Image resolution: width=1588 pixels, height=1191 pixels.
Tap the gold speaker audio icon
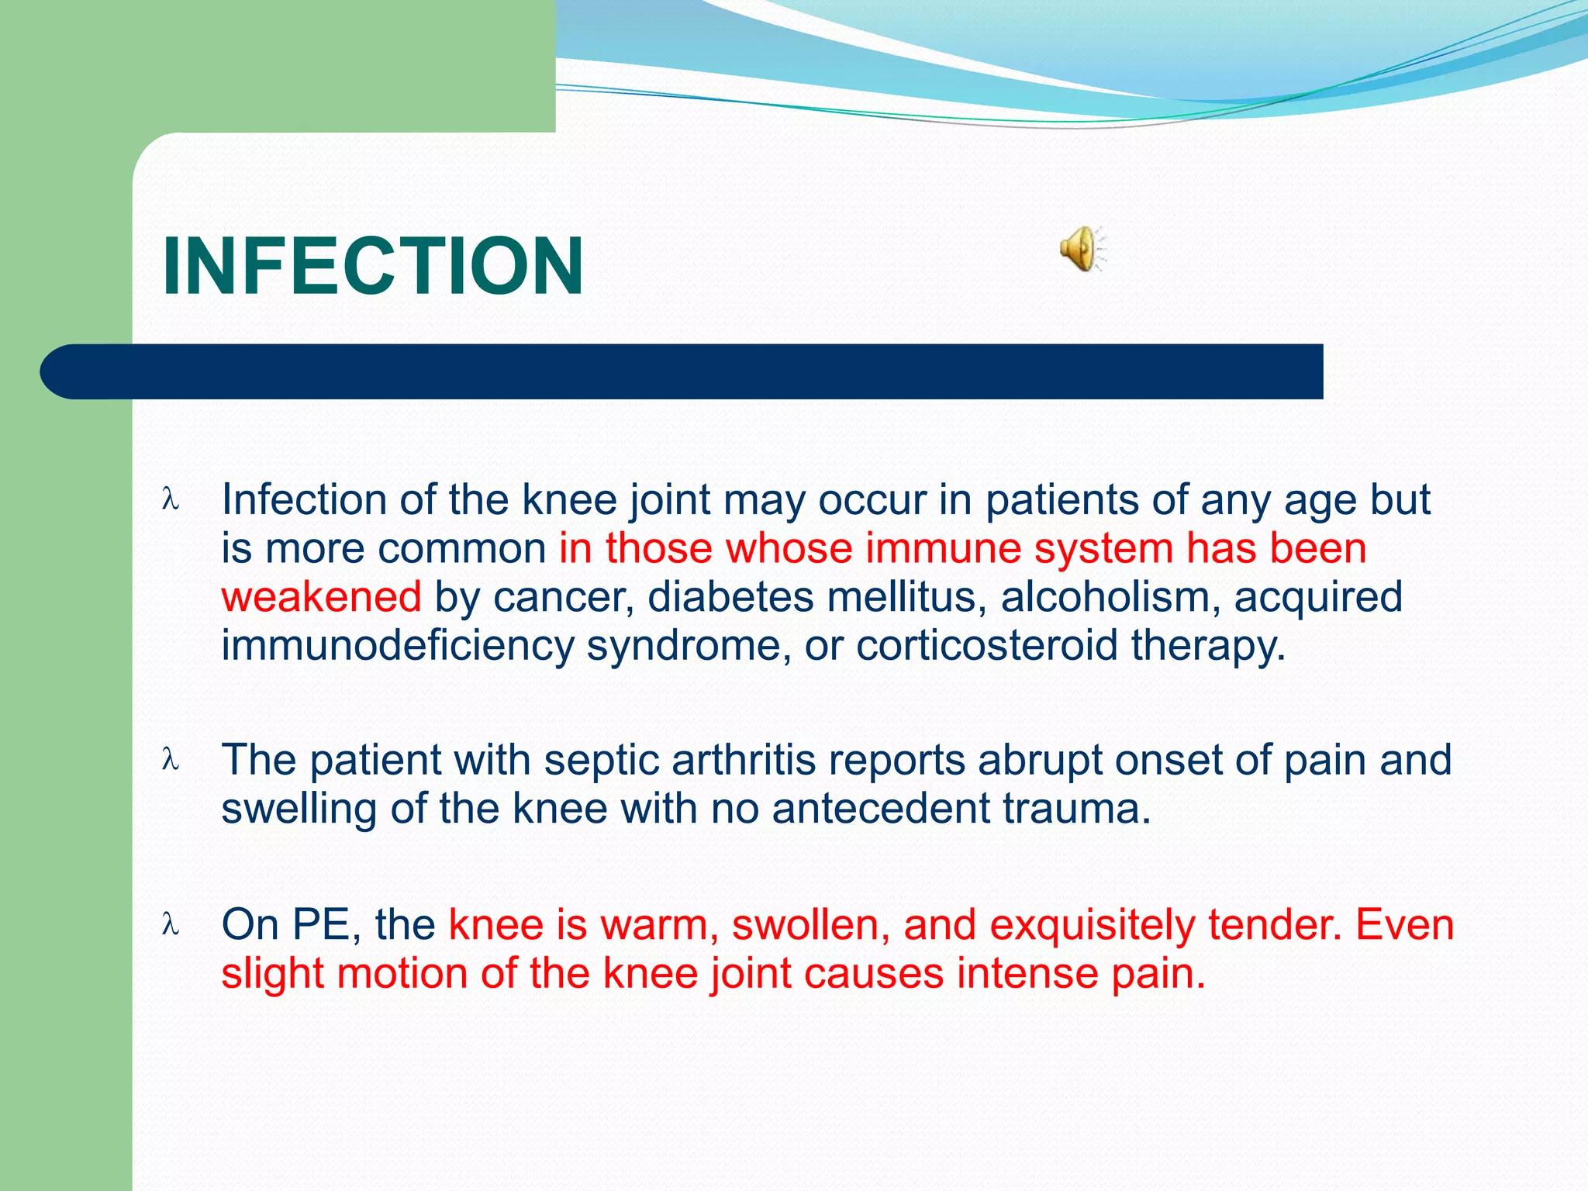point(1081,249)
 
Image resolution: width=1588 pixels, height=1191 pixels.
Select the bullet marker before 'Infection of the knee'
point(171,499)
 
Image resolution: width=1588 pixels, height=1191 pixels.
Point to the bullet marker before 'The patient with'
point(171,760)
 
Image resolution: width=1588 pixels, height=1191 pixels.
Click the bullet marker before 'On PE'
point(171,924)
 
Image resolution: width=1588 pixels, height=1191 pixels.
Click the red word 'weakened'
point(321,597)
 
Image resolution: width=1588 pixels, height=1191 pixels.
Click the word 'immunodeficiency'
point(397,645)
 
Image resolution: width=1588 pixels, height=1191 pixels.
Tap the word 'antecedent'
point(880,809)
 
